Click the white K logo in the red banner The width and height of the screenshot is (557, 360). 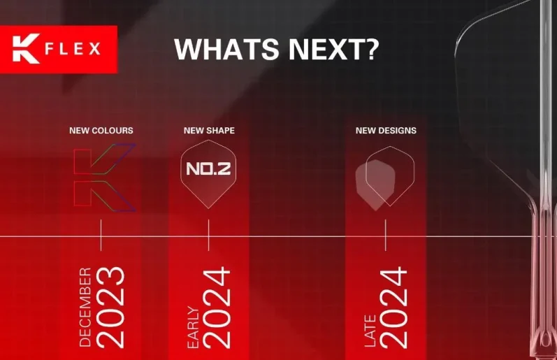(26, 49)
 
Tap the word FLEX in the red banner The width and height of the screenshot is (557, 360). (73, 48)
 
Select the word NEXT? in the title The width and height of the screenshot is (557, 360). (333, 49)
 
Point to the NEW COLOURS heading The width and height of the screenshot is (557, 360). (101, 131)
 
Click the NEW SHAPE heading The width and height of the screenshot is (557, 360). (209, 131)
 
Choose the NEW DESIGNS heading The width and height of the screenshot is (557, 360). (386, 131)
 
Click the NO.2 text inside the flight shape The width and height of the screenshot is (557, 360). (208, 168)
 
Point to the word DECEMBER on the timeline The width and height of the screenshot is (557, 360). (85, 307)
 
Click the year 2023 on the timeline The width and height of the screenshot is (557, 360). (110, 307)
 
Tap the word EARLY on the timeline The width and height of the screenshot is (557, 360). (194, 327)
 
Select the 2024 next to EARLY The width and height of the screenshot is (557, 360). (217, 308)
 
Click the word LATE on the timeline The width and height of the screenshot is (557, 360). (370, 331)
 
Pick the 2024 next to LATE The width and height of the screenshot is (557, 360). (393, 308)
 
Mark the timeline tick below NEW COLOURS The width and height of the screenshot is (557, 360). (101, 235)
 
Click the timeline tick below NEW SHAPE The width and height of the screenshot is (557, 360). (208, 235)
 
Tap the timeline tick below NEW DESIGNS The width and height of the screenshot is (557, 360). (385, 235)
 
